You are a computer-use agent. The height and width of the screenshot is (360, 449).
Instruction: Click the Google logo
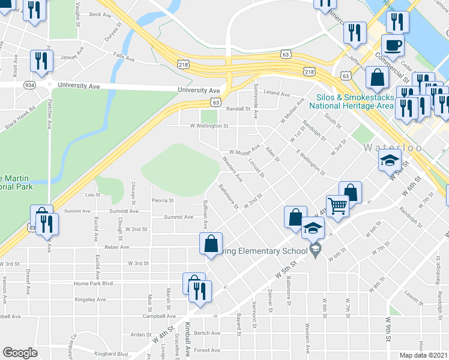[20, 353]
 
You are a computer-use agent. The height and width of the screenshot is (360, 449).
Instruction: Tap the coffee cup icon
[393, 44]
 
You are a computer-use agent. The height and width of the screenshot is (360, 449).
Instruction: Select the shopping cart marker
[338, 206]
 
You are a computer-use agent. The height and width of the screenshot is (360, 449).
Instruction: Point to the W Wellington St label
[209, 126]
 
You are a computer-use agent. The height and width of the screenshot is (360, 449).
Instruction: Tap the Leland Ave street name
[277, 94]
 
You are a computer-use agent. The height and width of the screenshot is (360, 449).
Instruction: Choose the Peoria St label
[163, 200]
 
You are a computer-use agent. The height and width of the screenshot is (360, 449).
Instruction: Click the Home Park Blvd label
[93, 283]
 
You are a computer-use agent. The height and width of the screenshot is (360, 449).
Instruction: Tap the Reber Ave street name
[117, 247]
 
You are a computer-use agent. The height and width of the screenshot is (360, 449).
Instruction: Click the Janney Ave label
[70, 58]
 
